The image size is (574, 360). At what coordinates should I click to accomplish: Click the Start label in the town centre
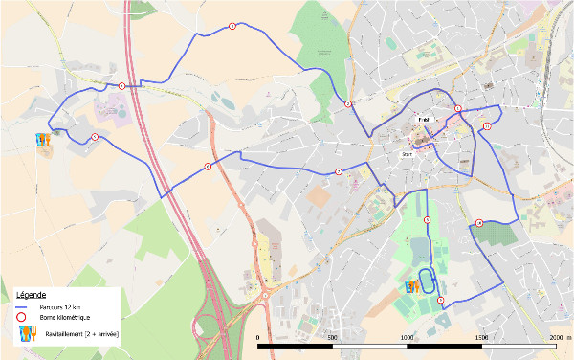click(407, 152)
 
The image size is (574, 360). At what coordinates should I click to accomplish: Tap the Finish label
click(425, 120)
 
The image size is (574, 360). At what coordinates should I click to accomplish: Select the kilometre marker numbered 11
click(487, 126)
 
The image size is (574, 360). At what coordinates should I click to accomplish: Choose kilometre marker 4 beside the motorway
click(121, 86)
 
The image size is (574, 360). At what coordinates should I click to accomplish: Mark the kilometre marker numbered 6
click(208, 167)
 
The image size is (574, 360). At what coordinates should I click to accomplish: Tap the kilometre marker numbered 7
click(339, 172)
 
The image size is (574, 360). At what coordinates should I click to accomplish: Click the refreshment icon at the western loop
click(41, 140)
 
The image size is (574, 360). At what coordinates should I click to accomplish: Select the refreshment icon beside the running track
click(412, 285)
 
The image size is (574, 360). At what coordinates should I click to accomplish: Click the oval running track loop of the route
click(430, 285)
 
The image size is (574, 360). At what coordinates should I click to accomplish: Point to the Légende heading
click(30, 293)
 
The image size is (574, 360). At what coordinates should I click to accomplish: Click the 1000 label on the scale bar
click(407, 338)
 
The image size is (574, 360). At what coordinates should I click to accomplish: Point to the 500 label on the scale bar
click(332, 338)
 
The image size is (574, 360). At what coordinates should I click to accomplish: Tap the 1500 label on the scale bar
click(481, 338)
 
